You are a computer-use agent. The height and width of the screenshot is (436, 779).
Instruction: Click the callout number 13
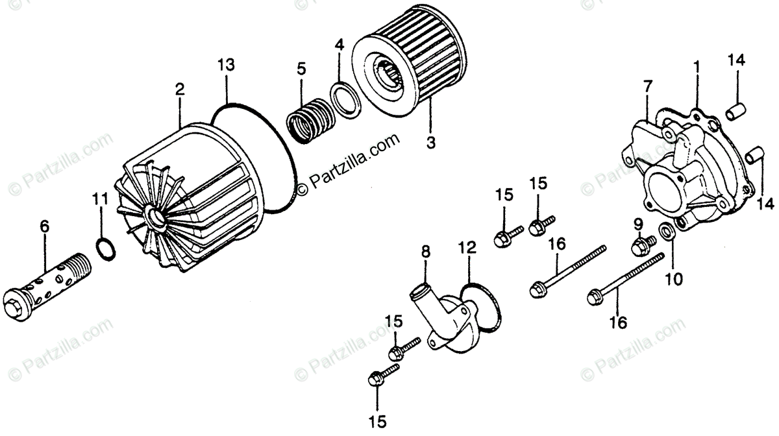coord(225,65)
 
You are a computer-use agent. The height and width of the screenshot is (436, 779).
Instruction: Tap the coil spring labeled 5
coord(312,117)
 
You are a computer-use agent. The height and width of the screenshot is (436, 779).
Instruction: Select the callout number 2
coord(180,89)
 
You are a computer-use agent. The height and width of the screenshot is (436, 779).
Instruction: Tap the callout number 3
coord(430,142)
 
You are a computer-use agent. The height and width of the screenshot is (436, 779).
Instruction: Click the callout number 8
coord(425,251)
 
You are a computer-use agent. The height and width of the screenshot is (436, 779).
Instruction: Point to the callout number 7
coord(647,86)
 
